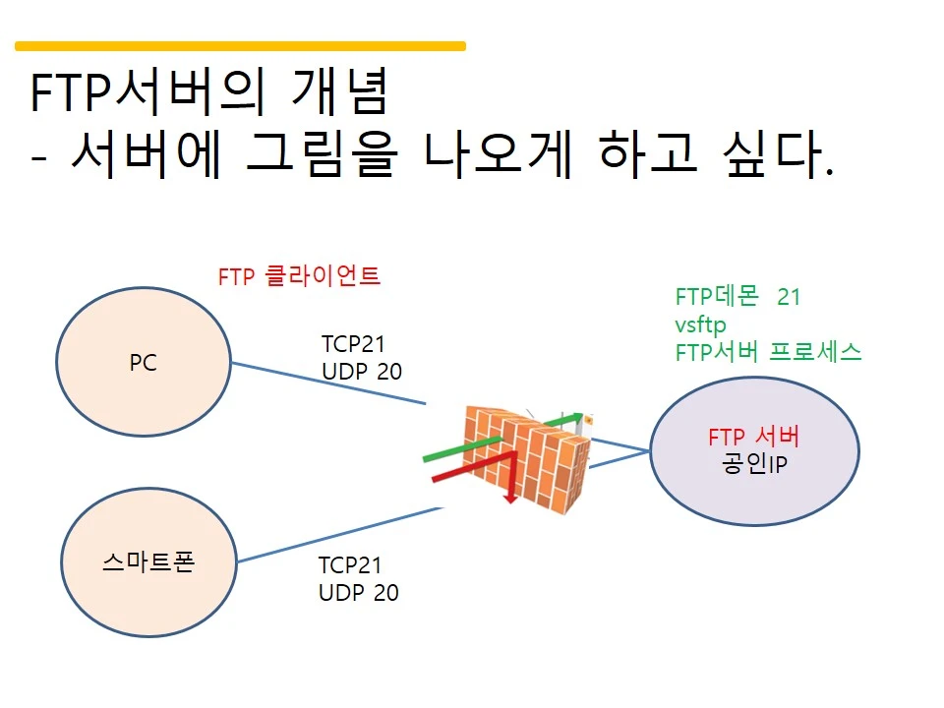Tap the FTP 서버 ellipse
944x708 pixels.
(754, 450)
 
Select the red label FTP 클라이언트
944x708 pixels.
(299, 277)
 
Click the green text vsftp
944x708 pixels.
(701, 324)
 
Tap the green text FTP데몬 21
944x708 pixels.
(738, 297)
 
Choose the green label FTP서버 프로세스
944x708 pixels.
(768, 352)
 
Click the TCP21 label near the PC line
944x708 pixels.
(354, 344)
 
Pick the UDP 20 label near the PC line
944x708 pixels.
(362, 372)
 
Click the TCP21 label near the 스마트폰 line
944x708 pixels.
(350, 565)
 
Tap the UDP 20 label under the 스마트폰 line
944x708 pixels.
(358, 593)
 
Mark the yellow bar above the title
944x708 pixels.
(240, 45)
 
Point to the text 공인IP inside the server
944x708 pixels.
(754, 464)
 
